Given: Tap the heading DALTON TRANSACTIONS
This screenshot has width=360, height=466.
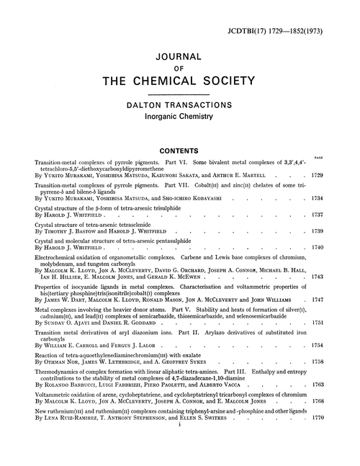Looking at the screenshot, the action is click(x=179, y=105).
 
